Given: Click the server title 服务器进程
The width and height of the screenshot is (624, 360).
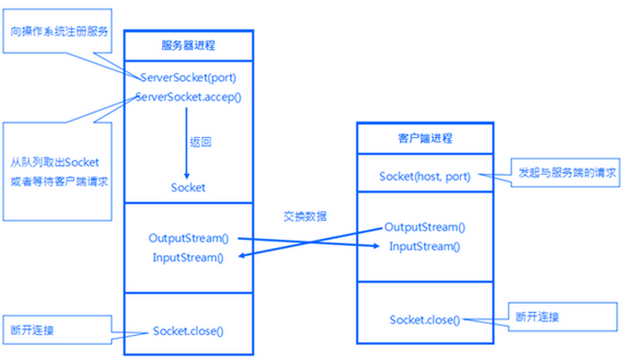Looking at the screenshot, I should (x=187, y=44).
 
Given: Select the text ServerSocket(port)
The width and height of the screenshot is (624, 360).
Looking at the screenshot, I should (x=187, y=77).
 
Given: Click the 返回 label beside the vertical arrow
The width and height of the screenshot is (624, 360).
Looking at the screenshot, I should (x=201, y=142).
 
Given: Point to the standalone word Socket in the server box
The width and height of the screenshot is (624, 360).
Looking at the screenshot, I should (x=188, y=187).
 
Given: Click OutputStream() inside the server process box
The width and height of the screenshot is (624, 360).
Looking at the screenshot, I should (x=189, y=239).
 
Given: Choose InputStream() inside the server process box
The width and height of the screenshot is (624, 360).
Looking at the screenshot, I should (x=188, y=258).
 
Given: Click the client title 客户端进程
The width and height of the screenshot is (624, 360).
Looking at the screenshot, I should (x=424, y=138).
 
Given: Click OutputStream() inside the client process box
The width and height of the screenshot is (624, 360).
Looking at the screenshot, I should (x=424, y=227).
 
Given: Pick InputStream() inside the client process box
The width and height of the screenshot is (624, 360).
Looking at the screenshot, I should (x=424, y=245).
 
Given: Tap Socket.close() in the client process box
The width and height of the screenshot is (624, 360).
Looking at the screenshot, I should (x=424, y=319).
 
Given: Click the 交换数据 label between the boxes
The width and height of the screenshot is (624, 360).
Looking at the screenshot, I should (x=306, y=217).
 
